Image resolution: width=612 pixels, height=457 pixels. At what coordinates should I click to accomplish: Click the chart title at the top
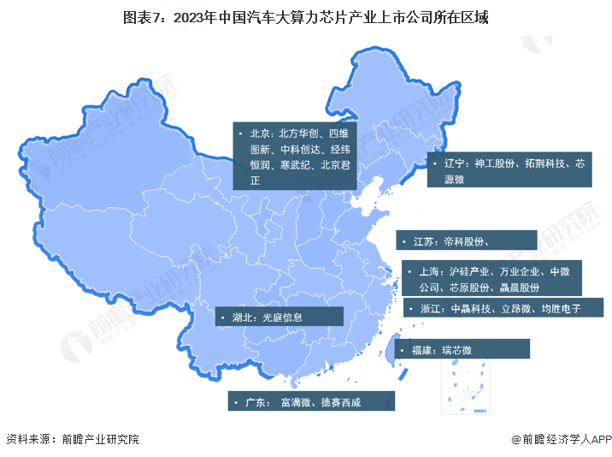click(306, 16)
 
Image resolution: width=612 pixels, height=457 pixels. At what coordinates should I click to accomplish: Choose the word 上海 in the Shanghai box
click(432, 271)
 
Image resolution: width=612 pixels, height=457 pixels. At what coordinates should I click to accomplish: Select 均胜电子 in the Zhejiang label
click(561, 309)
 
